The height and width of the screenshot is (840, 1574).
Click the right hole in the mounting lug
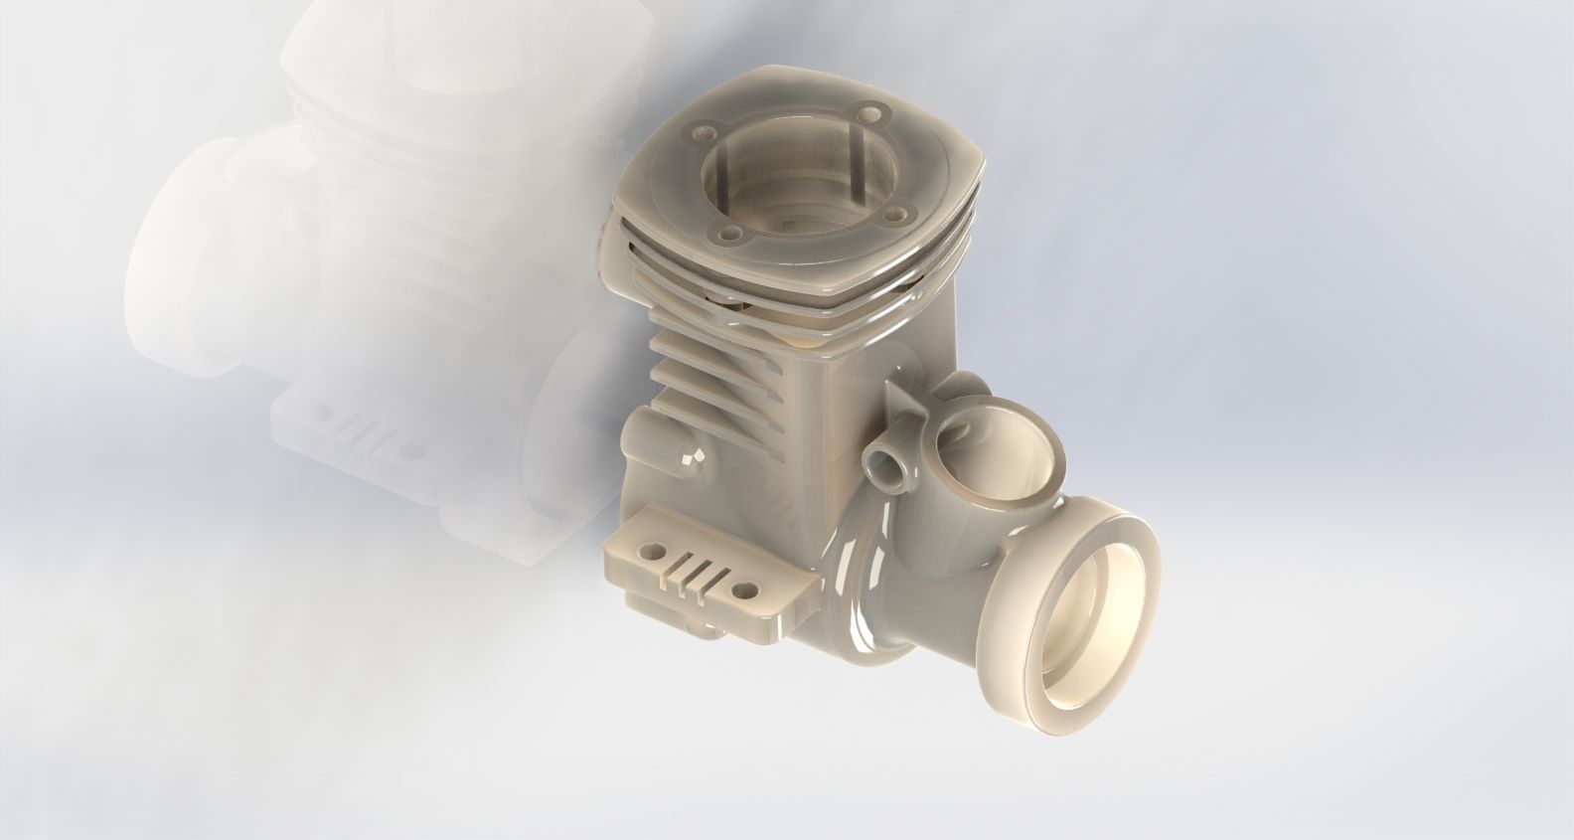click(x=741, y=592)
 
